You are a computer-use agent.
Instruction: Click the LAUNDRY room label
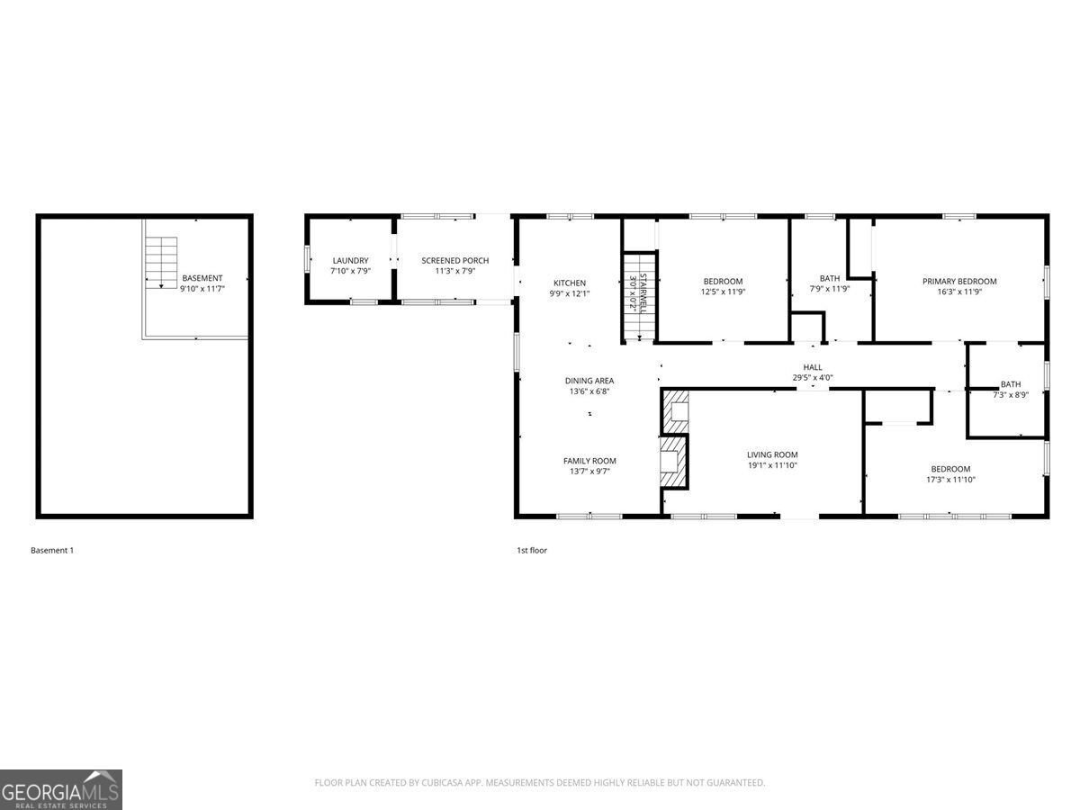pos(350,261)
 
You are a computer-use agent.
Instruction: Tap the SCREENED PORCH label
pos(455,261)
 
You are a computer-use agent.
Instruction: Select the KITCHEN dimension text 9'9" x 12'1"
pos(570,293)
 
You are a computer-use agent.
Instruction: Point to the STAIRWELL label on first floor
pos(638,293)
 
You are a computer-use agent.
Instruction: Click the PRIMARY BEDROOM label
pos(959,281)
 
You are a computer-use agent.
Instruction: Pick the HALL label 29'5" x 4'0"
pos(813,373)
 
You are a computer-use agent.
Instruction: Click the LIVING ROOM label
pos(772,454)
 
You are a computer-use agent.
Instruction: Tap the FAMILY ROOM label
pos(589,461)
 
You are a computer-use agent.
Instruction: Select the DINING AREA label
pos(589,381)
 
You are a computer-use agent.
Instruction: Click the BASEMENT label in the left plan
pos(202,278)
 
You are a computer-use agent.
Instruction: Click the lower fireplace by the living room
pos(674,461)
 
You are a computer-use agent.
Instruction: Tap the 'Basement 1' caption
pos(52,550)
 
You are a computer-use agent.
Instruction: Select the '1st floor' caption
pos(531,550)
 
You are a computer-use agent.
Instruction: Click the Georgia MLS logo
pos(61,789)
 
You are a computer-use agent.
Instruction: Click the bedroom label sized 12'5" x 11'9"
pos(723,281)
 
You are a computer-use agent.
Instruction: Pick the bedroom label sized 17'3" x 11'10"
pos(950,469)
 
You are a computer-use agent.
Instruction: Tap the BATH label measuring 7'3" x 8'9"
pos(1011,384)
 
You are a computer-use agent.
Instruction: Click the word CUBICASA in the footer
pos(443,783)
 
